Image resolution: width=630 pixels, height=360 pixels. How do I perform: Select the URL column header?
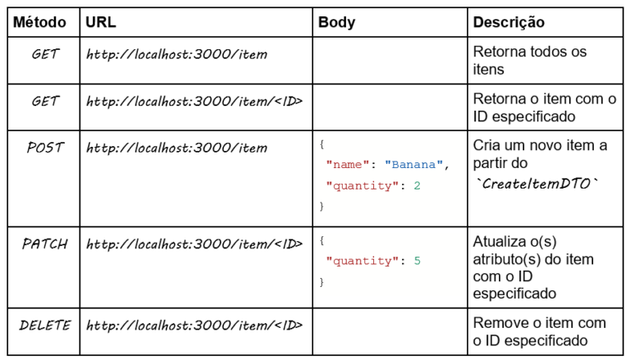click(101, 22)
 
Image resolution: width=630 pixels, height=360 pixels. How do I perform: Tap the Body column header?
click(336, 22)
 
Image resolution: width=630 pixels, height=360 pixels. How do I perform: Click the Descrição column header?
click(509, 22)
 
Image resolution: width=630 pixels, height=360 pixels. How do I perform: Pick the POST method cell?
click(45, 148)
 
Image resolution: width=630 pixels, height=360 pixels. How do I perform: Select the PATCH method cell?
click(45, 244)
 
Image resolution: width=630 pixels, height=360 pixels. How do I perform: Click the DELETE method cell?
click(45, 325)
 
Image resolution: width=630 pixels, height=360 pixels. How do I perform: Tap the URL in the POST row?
click(176, 148)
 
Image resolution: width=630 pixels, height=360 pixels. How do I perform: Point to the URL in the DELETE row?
click(194, 326)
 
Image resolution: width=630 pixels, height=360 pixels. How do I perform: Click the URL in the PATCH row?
click(194, 244)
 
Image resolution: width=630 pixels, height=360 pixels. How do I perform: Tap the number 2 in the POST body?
click(417, 186)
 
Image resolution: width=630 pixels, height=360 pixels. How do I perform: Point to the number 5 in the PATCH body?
click(417, 262)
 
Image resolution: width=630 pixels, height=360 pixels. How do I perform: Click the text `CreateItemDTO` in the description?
click(538, 184)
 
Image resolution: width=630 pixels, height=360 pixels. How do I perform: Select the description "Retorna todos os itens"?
click(530, 61)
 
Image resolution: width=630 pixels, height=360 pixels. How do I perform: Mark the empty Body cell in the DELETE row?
click(389, 331)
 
